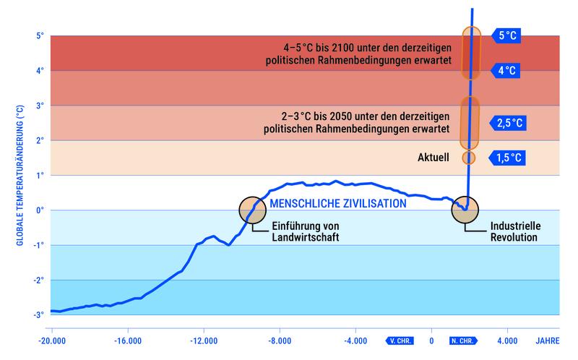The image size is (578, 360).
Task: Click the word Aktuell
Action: [434, 157]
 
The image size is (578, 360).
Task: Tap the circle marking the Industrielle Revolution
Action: [465, 210]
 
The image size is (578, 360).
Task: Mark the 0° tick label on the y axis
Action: [41, 210]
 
